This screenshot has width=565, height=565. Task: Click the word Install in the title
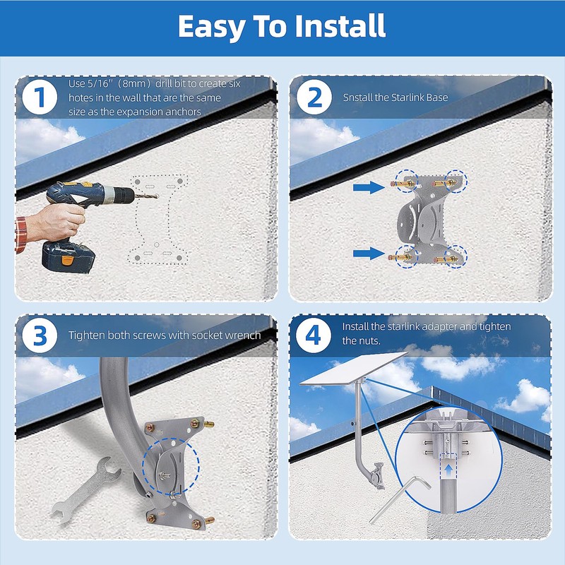tap(340, 26)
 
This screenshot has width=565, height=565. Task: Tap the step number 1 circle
tap(40, 97)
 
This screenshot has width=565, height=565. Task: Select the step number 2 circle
tap(314, 97)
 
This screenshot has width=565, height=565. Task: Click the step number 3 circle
tap(40, 335)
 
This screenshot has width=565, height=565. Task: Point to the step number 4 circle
tap(314, 335)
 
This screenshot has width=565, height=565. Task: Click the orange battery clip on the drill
tap(67, 260)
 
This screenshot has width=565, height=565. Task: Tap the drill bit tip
tap(157, 196)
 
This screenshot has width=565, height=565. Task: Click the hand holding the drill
tap(58, 222)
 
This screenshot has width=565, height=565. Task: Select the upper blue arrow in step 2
tap(369, 187)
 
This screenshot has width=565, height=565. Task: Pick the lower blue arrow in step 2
tap(369, 254)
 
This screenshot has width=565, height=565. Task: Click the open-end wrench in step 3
tap(85, 490)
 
